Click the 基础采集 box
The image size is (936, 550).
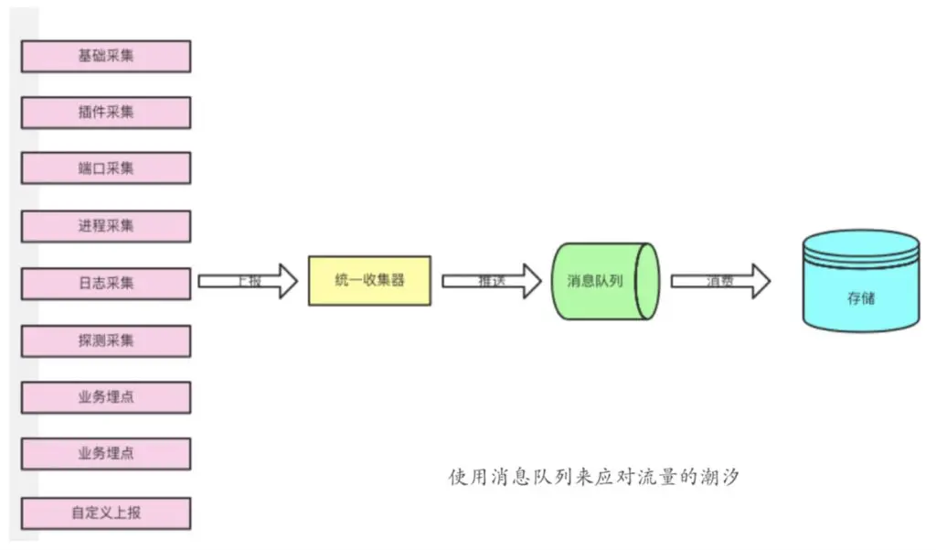[x=106, y=56]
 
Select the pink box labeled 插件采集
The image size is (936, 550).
[x=106, y=113]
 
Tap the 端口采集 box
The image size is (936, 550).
[x=106, y=169]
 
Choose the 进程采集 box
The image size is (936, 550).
[x=106, y=226]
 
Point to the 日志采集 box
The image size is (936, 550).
[x=106, y=283]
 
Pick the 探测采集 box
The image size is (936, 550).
[x=106, y=340]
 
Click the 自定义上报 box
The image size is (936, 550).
[x=106, y=512]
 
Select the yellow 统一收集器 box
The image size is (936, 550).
[x=369, y=281]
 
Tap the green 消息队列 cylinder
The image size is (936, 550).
[x=600, y=281]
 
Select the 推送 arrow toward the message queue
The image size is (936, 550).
[x=492, y=281]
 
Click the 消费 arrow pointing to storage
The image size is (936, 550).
[x=720, y=281]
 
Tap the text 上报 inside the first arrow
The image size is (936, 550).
[x=249, y=281]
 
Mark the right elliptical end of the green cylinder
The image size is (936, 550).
[x=648, y=281]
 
